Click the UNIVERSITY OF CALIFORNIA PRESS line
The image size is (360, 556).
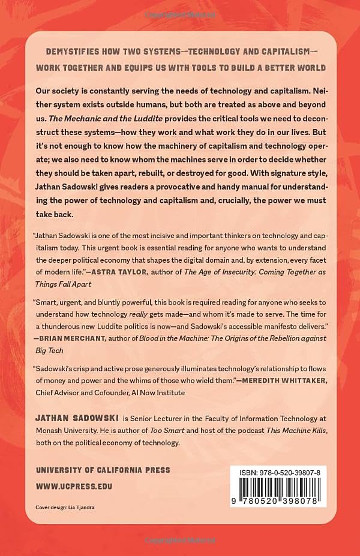click(x=104, y=470)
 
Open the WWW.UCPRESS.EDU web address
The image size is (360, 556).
click(x=75, y=486)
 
